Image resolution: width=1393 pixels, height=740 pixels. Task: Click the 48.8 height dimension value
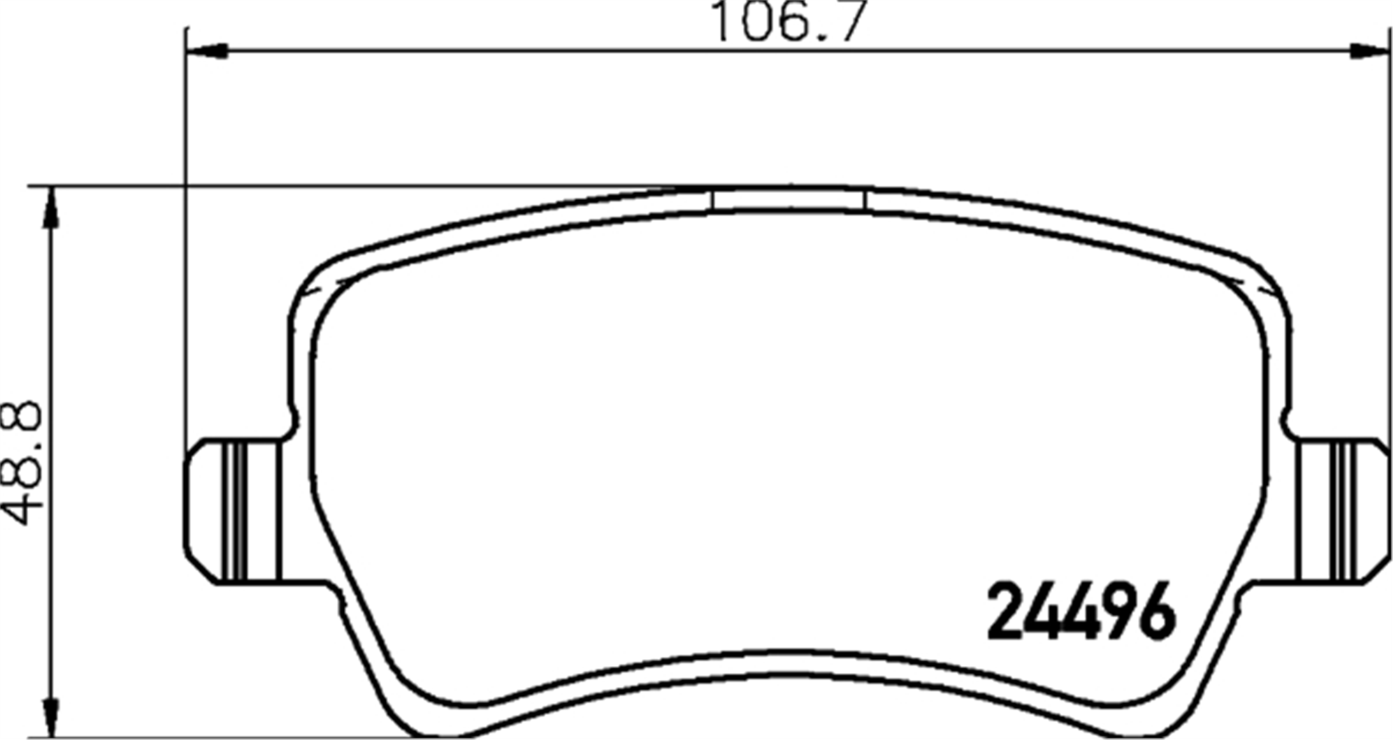22,463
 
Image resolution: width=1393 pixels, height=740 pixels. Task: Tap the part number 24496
1082,612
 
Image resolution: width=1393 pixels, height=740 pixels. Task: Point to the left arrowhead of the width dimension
208,51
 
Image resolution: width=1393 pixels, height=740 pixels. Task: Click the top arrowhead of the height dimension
51,207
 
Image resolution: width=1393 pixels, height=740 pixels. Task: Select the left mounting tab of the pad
233,511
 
